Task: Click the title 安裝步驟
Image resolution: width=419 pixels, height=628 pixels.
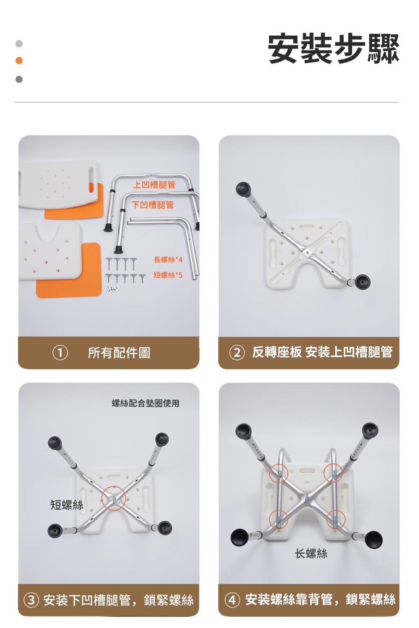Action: click(333, 49)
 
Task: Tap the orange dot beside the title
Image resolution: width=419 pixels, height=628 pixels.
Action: click(19, 60)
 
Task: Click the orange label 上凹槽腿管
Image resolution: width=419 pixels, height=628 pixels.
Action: click(154, 185)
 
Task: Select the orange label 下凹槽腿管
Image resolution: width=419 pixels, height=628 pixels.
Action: click(153, 205)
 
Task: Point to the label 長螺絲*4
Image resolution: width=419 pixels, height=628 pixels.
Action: click(168, 260)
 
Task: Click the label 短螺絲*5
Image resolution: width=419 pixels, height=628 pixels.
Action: click(168, 275)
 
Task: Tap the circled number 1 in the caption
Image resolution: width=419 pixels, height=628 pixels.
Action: click(60, 353)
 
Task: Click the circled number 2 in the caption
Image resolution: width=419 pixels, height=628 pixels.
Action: click(237, 353)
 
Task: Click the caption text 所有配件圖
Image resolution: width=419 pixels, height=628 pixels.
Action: click(119, 353)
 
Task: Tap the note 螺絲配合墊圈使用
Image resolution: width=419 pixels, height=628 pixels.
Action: click(145, 403)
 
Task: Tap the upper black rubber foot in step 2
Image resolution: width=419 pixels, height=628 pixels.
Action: click(243, 189)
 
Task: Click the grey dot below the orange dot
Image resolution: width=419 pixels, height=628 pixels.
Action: click(19, 79)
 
